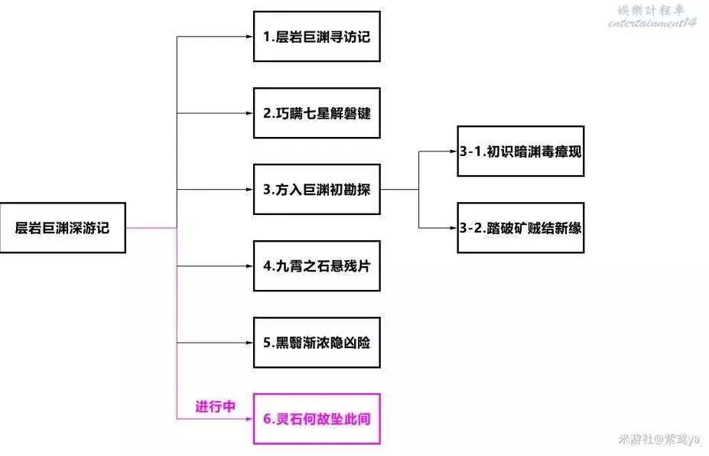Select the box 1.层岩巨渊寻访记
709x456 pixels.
tap(317, 36)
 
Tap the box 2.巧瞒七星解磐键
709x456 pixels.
tap(317, 112)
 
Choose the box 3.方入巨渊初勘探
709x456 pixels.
tap(317, 189)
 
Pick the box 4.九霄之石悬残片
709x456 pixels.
tap(317, 265)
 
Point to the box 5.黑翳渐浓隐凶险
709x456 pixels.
tap(317, 342)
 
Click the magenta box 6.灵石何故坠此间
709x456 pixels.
tap(317, 419)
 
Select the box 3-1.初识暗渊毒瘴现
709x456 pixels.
tap(521, 151)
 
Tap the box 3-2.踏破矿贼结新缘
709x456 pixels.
tap(521, 227)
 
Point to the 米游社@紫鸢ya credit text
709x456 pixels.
tap(659, 439)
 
